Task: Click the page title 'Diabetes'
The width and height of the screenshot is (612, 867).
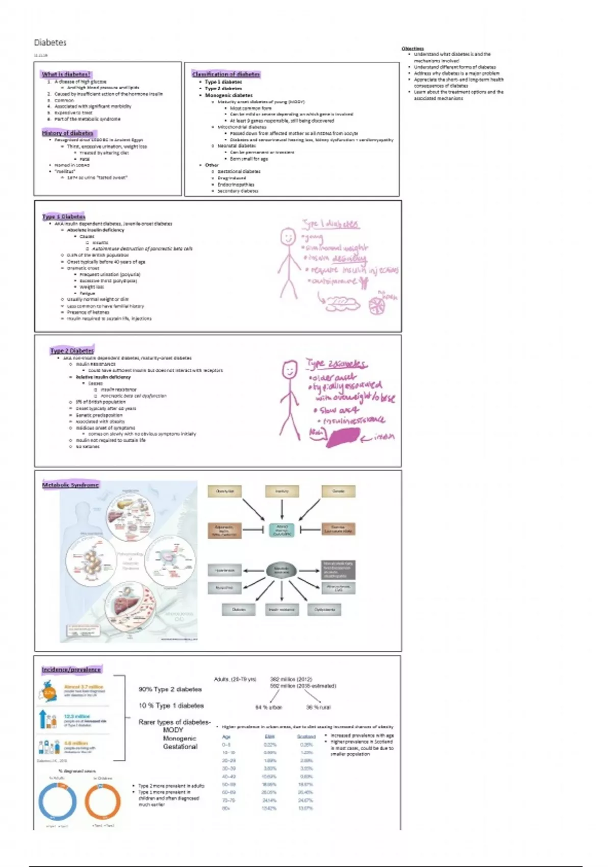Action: [50, 42]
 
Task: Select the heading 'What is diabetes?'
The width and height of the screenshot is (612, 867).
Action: [66, 74]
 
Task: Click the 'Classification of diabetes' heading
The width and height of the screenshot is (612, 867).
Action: [226, 74]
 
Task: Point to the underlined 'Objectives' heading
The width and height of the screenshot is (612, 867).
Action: [413, 48]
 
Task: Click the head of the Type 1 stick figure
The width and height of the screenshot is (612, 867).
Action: [288, 237]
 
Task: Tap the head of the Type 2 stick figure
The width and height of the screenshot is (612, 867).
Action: [290, 369]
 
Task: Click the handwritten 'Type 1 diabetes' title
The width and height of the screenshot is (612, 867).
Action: [330, 224]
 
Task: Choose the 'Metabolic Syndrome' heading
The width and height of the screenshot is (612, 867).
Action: [70, 484]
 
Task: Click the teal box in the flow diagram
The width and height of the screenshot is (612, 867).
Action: [282, 530]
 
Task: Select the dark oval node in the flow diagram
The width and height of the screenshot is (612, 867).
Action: [282, 570]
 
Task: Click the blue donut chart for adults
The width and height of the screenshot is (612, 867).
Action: [57, 801]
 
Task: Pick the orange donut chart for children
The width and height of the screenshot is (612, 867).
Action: [103, 801]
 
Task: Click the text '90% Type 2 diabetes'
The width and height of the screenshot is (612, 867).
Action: [170, 689]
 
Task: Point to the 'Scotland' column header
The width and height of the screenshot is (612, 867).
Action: [306, 736]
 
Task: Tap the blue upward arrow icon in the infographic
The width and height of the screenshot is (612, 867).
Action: [42, 719]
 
